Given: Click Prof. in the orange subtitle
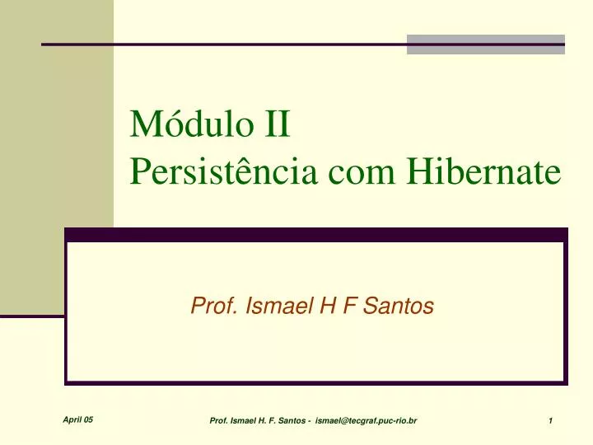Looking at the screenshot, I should click(x=210, y=307).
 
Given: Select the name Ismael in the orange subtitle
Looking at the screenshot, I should click(x=266, y=307).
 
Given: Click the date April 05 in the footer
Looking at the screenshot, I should click(x=77, y=420).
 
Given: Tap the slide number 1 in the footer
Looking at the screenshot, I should click(x=549, y=422).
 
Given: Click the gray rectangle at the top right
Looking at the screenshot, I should click(x=486, y=44).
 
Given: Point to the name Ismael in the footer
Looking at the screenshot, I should click(x=244, y=422).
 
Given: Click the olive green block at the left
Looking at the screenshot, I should click(x=56, y=157).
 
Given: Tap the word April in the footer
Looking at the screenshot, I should click(x=72, y=420).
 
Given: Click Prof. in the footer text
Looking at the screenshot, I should click(x=218, y=422).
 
